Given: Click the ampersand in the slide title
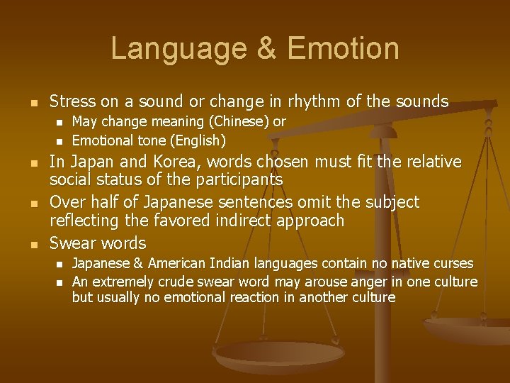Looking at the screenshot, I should coord(263,49).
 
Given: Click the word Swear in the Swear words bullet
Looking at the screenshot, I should coord(72,243).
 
